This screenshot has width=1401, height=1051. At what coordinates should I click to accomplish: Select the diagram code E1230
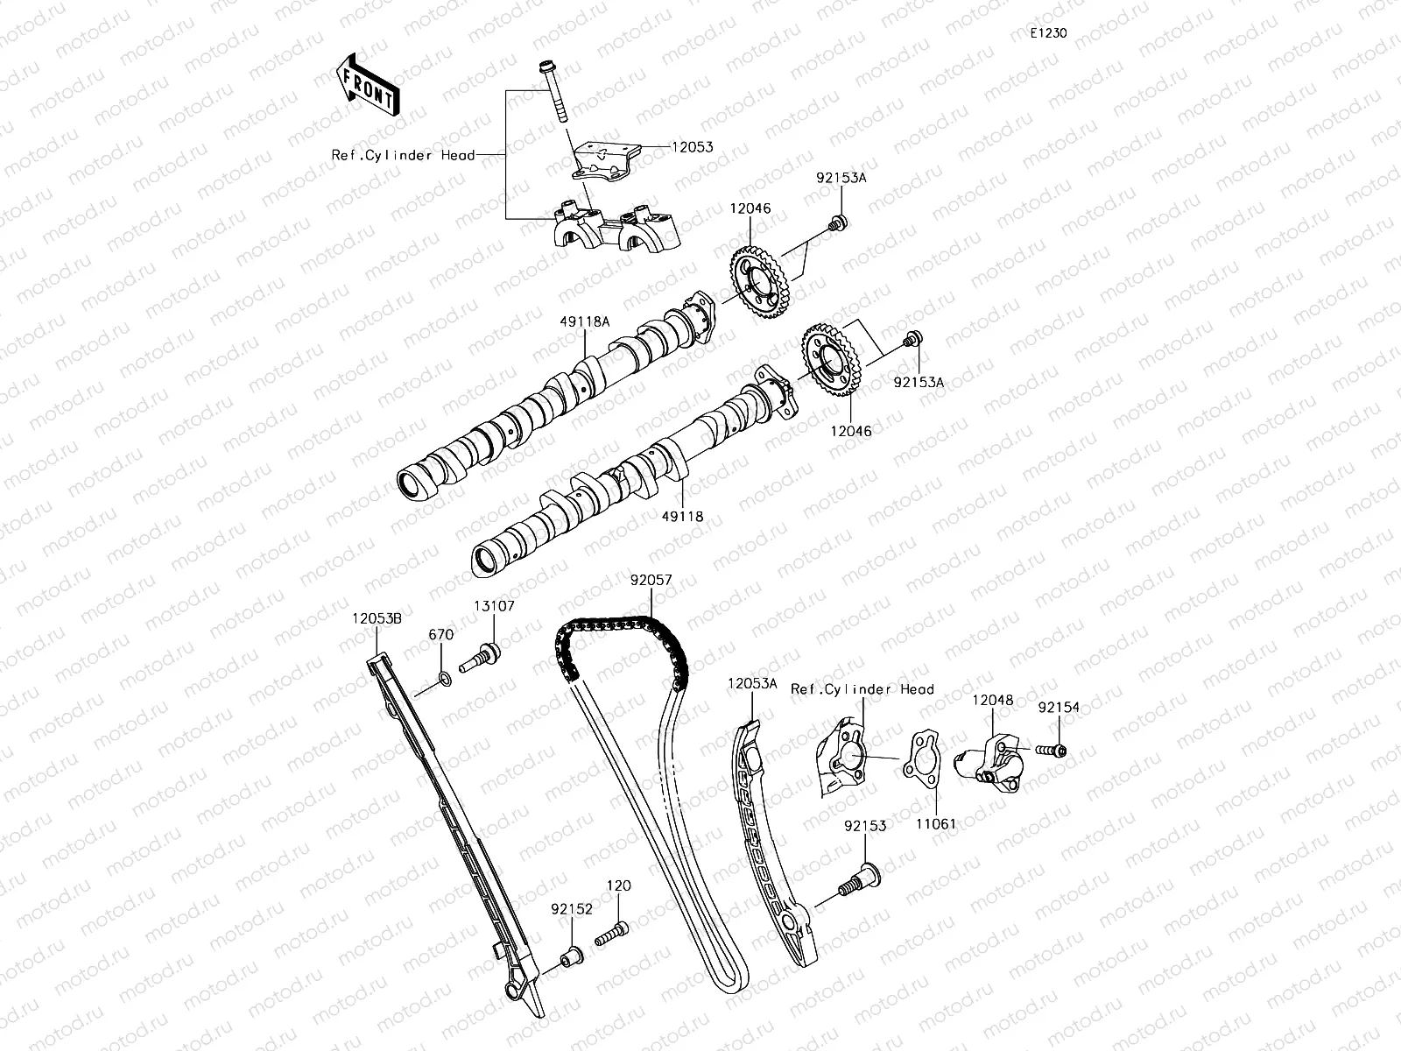[x=1048, y=33]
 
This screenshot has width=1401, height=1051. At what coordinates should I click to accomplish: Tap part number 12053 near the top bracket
[x=692, y=148]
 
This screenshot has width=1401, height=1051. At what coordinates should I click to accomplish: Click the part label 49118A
[x=586, y=321]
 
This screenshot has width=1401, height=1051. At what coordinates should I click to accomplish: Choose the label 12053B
[x=377, y=618]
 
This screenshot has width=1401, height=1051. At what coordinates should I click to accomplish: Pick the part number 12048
[x=993, y=700]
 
